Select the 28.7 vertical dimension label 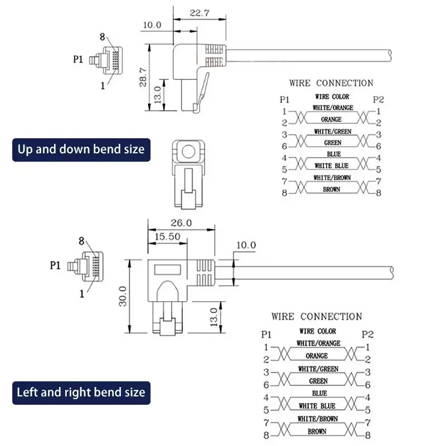(142, 75)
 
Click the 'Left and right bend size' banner (81, 392)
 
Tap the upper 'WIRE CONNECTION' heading (331, 83)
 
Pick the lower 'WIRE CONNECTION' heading (317, 316)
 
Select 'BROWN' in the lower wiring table (318, 432)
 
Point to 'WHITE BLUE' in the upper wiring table (331, 166)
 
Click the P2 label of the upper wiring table (379, 100)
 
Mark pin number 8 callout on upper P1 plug (102, 37)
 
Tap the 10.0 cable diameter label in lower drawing (245, 245)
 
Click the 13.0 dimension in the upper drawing (158, 95)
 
